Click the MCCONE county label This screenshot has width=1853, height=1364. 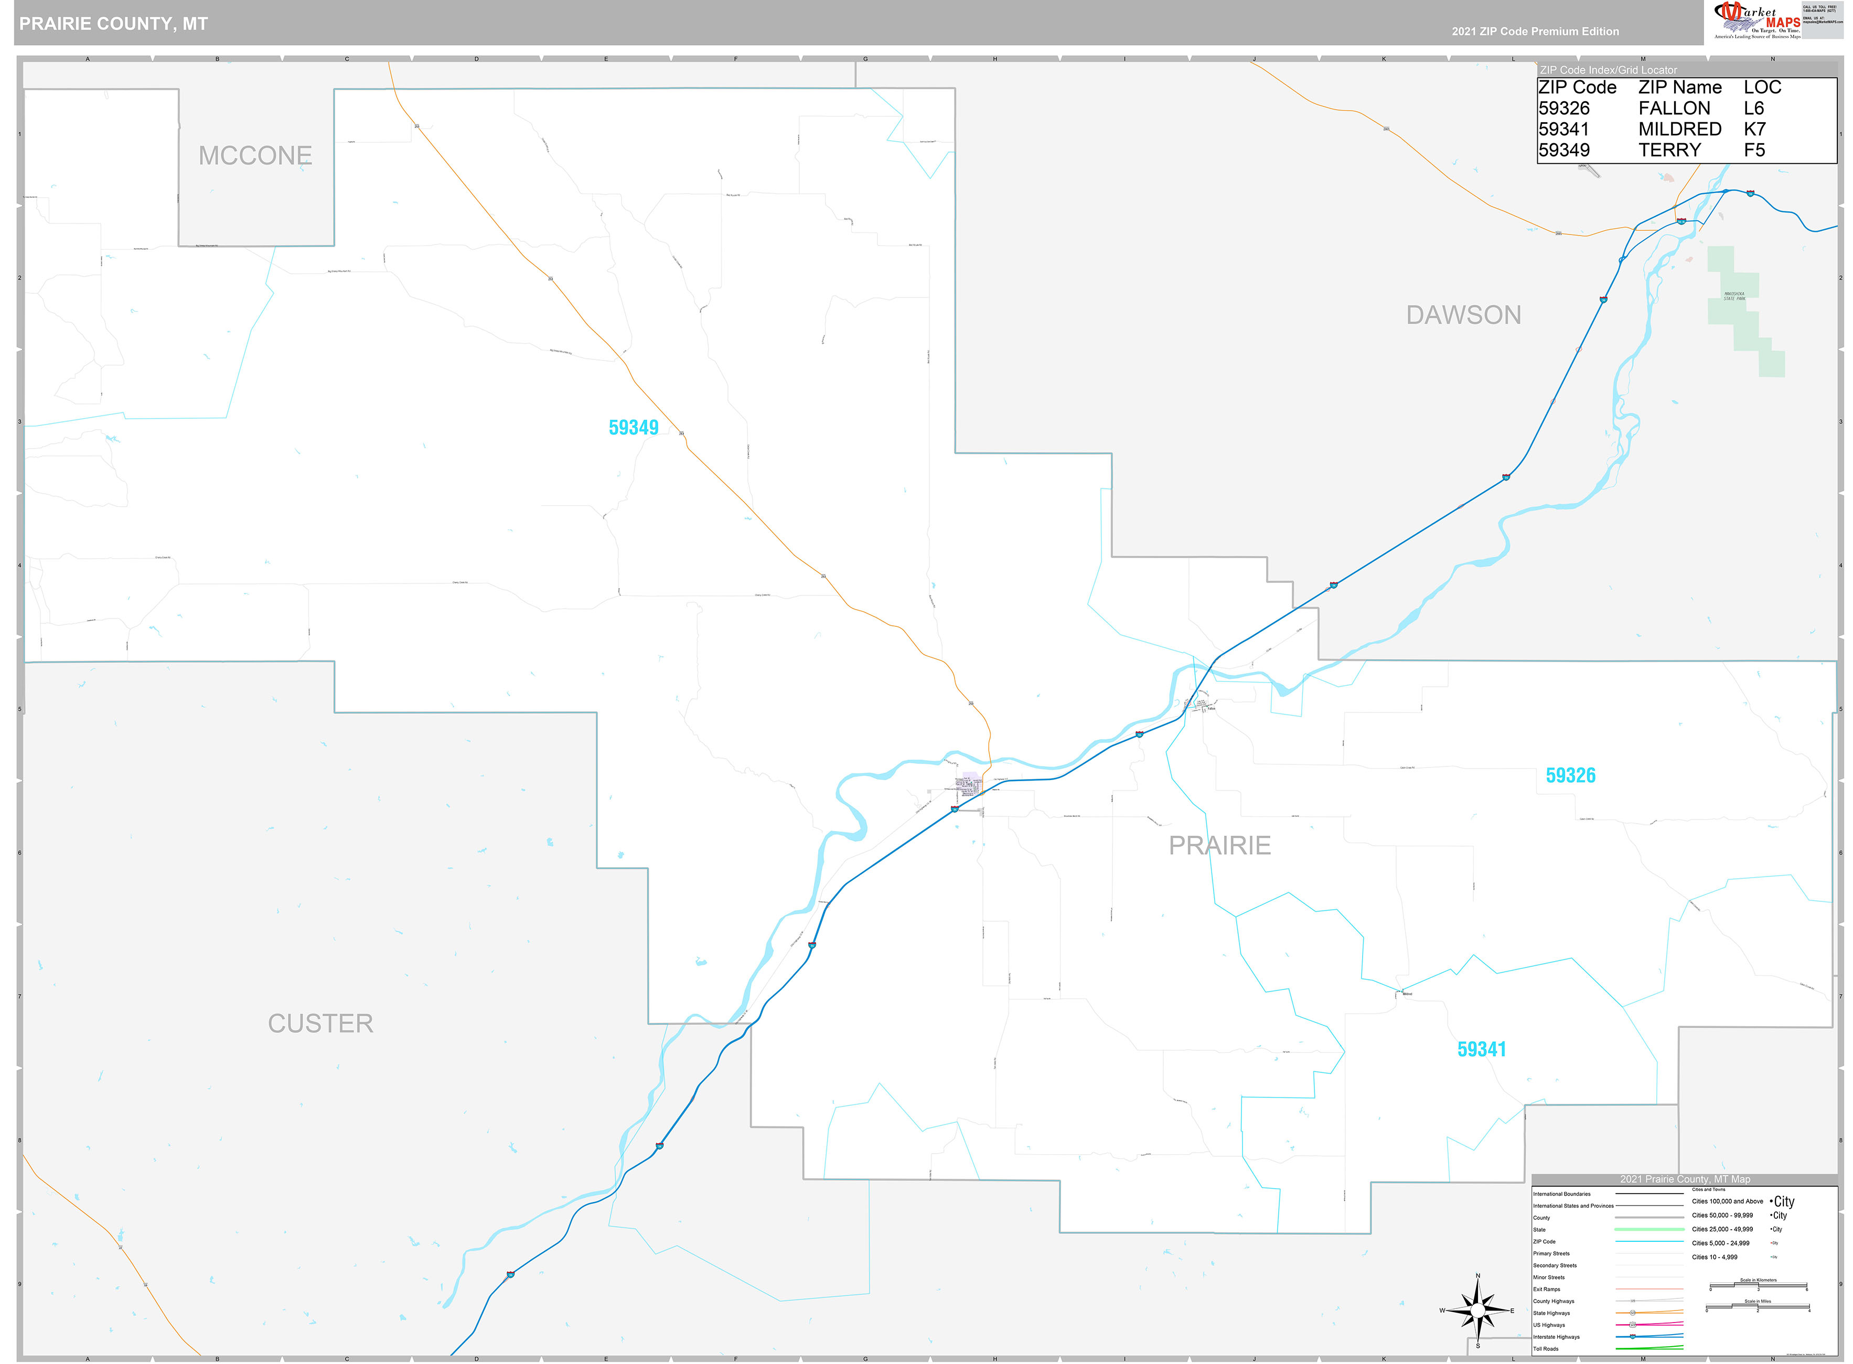pyautogui.click(x=255, y=155)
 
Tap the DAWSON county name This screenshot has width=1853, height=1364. pyautogui.click(x=1463, y=315)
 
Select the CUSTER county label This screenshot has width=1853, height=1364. pyautogui.click(x=320, y=1023)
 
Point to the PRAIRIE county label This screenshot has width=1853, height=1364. pyautogui.click(x=1219, y=845)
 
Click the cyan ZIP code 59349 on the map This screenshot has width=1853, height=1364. pyautogui.click(x=633, y=427)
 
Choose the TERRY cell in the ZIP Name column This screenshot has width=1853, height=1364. pyautogui.click(x=1669, y=150)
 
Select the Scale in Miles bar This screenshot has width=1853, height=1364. pyautogui.click(x=1757, y=1307)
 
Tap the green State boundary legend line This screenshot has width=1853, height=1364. pyautogui.click(x=1648, y=1229)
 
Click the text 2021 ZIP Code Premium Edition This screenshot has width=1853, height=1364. pyautogui.click(x=1535, y=31)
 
